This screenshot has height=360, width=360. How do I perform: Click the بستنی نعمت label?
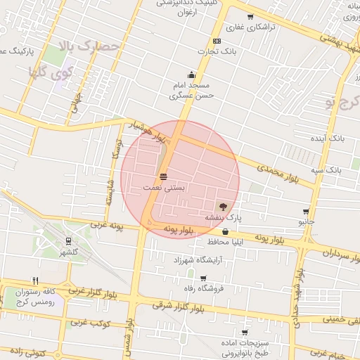coord(163,188)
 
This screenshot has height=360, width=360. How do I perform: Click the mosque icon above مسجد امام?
coord(191,75)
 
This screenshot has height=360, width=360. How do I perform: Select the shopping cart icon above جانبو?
coord(306,212)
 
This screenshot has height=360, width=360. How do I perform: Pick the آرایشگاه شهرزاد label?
coord(212,259)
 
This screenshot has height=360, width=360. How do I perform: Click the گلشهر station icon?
coord(67,240)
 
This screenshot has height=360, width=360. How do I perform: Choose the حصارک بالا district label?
coord(92,48)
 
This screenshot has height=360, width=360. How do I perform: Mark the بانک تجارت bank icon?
coord(217,41)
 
